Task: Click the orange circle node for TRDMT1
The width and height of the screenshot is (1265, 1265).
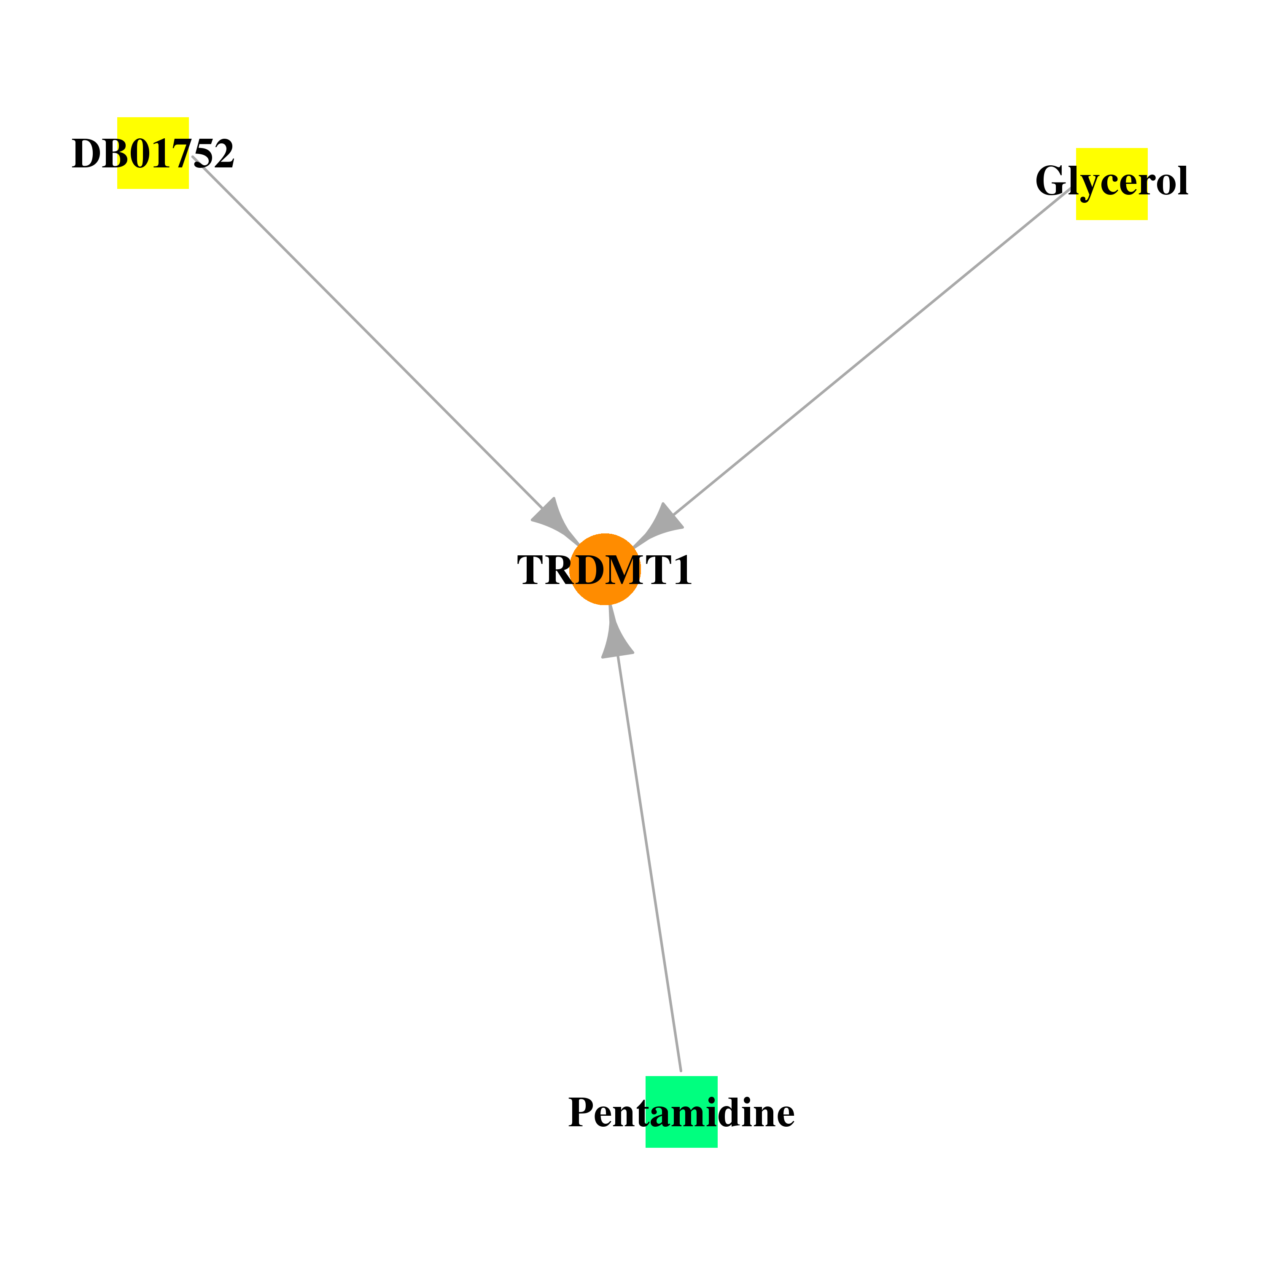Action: (605, 569)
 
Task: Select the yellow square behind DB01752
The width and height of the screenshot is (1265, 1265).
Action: (153, 153)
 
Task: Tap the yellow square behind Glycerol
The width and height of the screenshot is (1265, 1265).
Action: (1112, 184)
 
